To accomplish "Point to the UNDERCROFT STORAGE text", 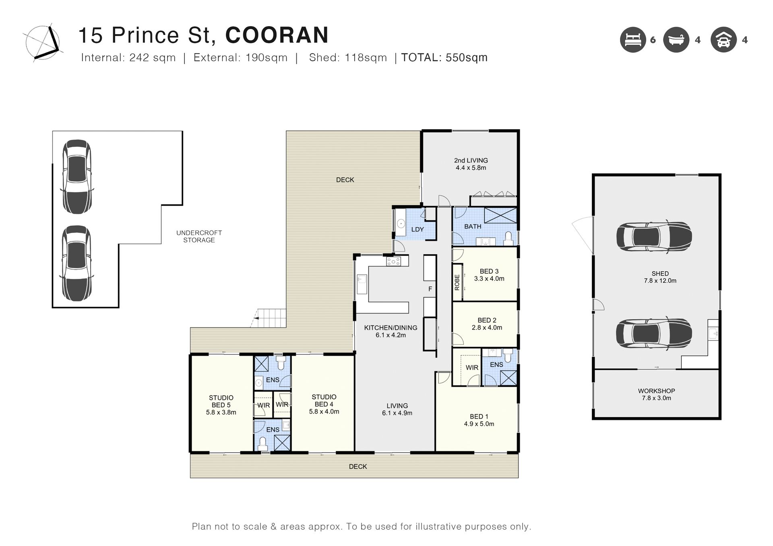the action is (199, 236).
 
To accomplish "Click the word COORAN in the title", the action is (277, 35).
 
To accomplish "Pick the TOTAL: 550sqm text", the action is (444, 58).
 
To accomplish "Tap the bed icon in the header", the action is (633, 40).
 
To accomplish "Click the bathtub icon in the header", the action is (676, 40).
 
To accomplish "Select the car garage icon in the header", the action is (723, 40).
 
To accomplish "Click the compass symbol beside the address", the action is (42, 43).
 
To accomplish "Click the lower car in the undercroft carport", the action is (76, 264).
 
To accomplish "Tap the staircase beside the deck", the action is (268, 318).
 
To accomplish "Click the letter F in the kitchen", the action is (430, 289).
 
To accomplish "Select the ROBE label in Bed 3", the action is (457, 282).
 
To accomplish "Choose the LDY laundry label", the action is (418, 229).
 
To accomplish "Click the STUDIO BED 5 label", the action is (221, 405).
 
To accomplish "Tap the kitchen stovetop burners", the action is (393, 262).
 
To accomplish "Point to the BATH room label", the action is (473, 227).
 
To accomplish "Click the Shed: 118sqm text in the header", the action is (348, 58).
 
